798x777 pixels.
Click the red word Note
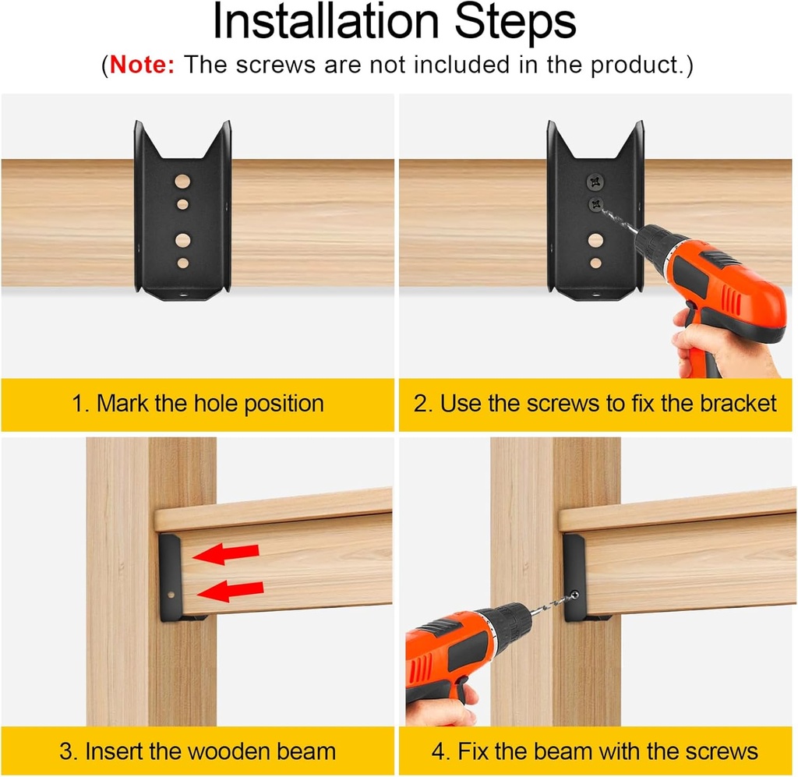[x=143, y=65]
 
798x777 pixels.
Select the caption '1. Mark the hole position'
[x=198, y=404]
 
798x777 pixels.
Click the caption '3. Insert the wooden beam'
[x=198, y=751]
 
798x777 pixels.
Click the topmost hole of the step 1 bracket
[x=182, y=182]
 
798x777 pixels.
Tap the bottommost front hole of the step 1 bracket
[x=182, y=263]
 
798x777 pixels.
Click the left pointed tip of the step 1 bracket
[x=139, y=125]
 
